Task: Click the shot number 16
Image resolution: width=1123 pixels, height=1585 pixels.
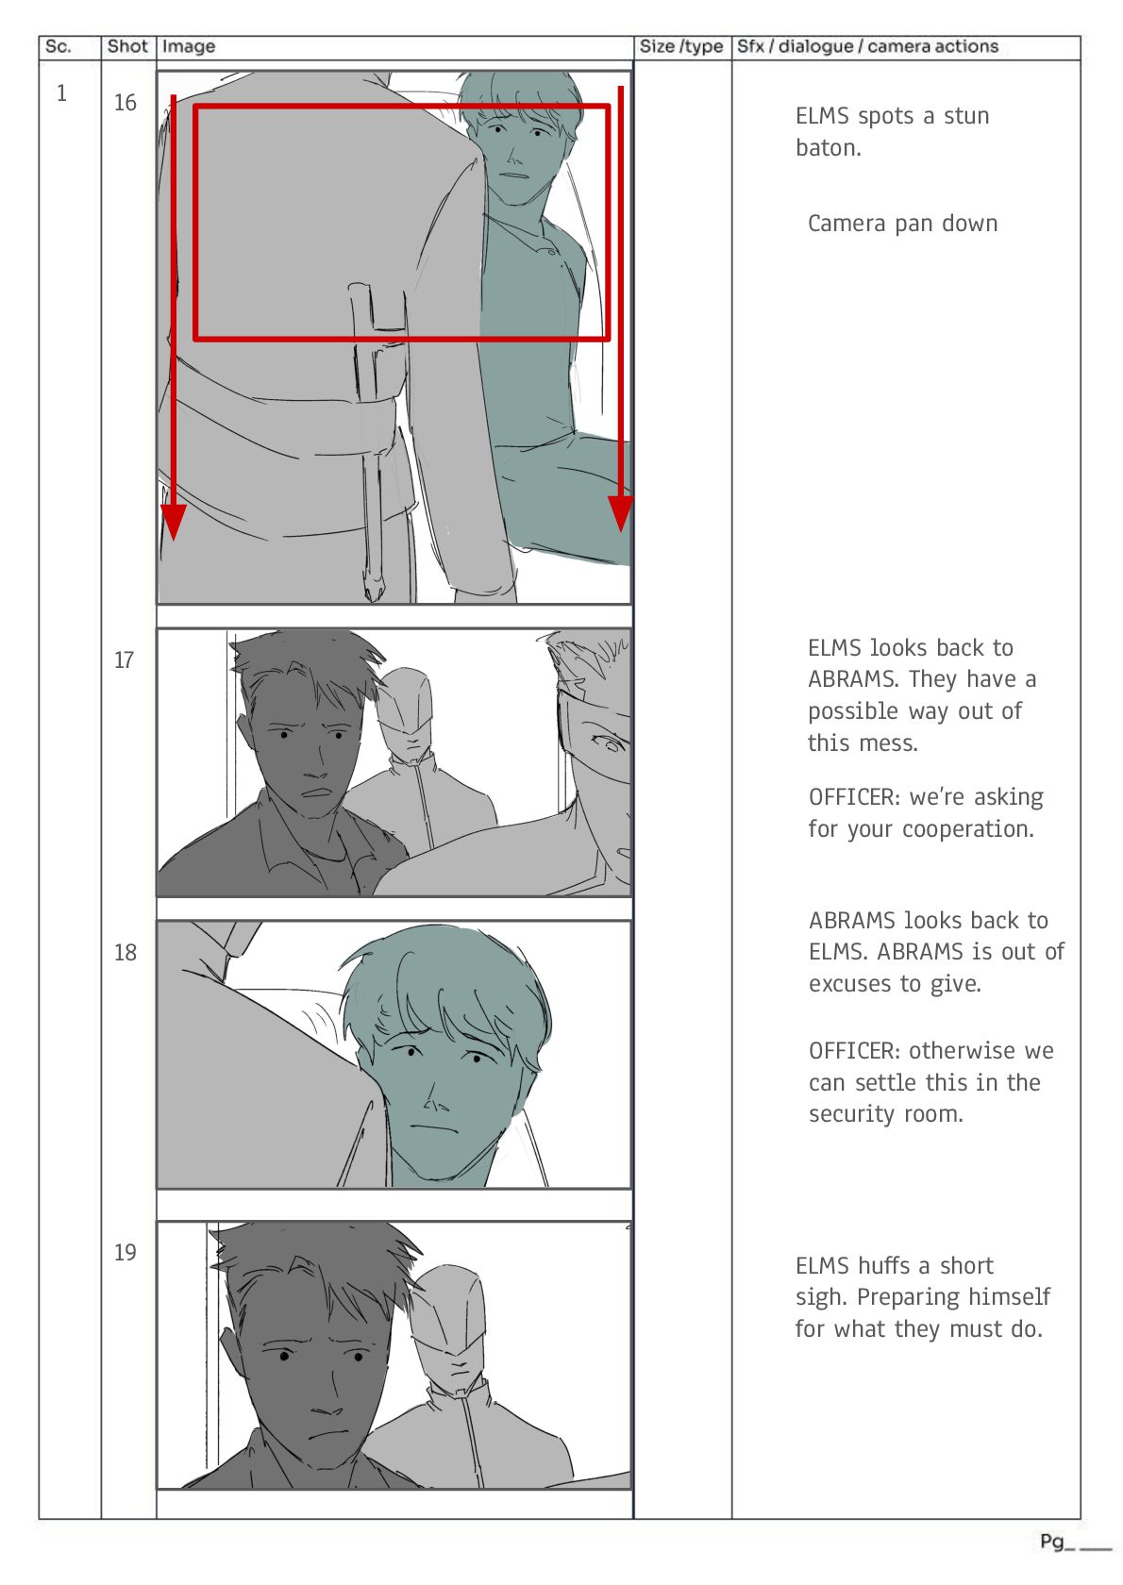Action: tap(126, 103)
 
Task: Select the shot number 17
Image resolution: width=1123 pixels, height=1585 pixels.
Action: tap(124, 660)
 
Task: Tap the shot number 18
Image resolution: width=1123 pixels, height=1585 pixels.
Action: tap(126, 953)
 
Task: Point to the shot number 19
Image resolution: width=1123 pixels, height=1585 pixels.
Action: tap(126, 1253)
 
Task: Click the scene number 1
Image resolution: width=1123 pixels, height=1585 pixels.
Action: tap(61, 92)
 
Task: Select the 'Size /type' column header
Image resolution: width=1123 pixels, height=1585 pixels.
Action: tap(681, 47)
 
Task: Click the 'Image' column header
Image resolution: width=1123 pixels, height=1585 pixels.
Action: tap(189, 47)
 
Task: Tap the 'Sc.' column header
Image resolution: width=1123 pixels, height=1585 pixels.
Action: tap(58, 47)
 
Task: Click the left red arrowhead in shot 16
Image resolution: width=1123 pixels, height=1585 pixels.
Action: tap(174, 523)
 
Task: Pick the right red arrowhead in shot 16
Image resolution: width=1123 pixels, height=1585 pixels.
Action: tap(621, 513)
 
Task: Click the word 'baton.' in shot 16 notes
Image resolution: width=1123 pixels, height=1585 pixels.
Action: tap(829, 148)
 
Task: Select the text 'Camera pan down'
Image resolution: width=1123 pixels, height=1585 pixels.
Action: tap(903, 224)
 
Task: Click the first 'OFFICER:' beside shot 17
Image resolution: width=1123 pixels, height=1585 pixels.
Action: tap(855, 796)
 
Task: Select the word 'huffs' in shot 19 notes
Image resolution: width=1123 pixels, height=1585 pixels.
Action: tap(887, 1265)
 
